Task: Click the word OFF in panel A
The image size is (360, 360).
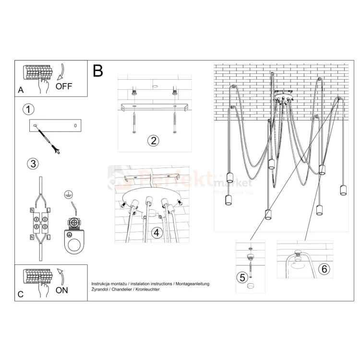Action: tap(64, 86)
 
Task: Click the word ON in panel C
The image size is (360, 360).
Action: tap(62, 290)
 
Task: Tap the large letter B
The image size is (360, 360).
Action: tap(98, 71)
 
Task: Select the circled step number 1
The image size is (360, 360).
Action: tap(28, 109)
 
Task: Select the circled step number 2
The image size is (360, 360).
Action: tap(153, 141)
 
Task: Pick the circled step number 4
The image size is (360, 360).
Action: tap(156, 233)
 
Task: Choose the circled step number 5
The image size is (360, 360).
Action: tap(242, 277)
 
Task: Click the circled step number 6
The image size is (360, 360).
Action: tap(324, 269)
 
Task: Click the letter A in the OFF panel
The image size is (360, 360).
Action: tap(20, 90)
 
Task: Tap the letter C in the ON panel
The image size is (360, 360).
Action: tap(20, 295)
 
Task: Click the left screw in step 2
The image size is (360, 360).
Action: tap(134, 122)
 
